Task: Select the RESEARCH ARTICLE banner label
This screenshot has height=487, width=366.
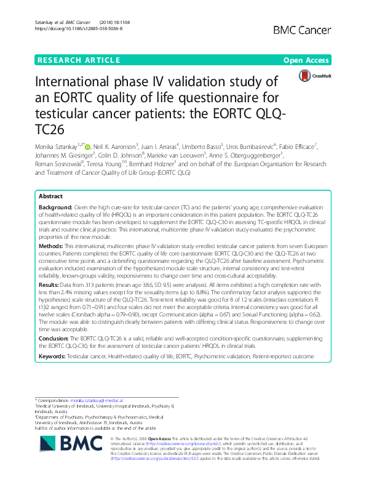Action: click(x=79, y=60)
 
